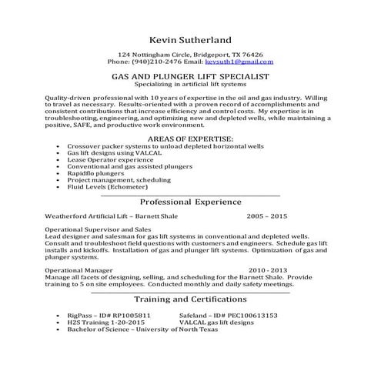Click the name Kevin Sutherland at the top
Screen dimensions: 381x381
click(x=190, y=39)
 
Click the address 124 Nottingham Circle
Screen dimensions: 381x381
click(x=154, y=55)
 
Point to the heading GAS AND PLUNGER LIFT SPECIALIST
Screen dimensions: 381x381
click(x=190, y=77)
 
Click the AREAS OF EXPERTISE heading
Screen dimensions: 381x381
click(x=190, y=115)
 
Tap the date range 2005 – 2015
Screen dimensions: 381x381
click(x=266, y=217)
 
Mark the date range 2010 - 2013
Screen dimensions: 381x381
click(x=267, y=270)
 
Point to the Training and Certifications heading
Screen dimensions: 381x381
click(x=190, y=299)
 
